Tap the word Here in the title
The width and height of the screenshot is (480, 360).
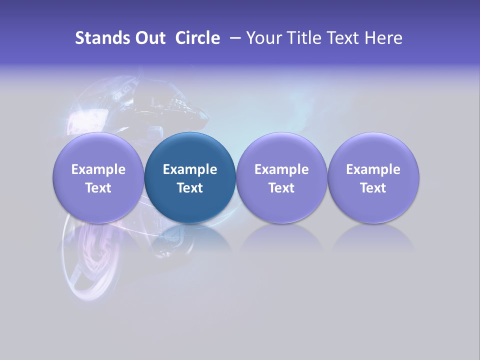(383, 38)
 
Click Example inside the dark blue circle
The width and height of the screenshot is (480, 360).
(190, 169)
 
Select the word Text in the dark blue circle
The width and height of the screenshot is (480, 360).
(190, 188)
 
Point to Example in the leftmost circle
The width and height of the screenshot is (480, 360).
(98, 169)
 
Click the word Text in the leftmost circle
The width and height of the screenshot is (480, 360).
(98, 188)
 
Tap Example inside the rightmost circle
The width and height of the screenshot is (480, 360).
(373, 169)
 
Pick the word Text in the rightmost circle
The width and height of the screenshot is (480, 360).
(373, 188)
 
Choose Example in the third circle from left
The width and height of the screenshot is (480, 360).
(281, 169)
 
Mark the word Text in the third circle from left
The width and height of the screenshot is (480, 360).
(281, 188)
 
